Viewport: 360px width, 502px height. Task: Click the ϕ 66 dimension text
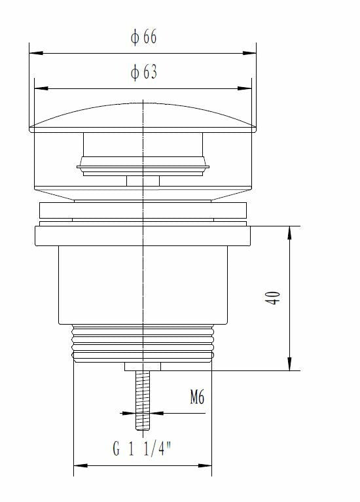click(x=143, y=37)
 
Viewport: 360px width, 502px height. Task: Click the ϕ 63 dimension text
click(x=143, y=72)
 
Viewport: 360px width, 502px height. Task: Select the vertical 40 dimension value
click(x=275, y=298)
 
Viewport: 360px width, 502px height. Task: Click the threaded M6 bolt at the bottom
click(x=142, y=403)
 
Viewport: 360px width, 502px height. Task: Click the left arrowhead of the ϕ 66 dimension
click(x=34, y=54)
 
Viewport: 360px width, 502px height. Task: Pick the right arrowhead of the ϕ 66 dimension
click(x=252, y=54)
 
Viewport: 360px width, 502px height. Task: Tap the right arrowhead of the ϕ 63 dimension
click(x=247, y=88)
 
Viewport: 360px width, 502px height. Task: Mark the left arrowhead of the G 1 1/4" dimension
click(x=78, y=465)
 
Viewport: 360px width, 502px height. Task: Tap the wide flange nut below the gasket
click(x=142, y=236)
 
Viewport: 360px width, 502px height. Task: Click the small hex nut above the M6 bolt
click(x=142, y=367)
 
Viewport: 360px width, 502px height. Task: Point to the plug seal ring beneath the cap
click(x=142, y=168)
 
